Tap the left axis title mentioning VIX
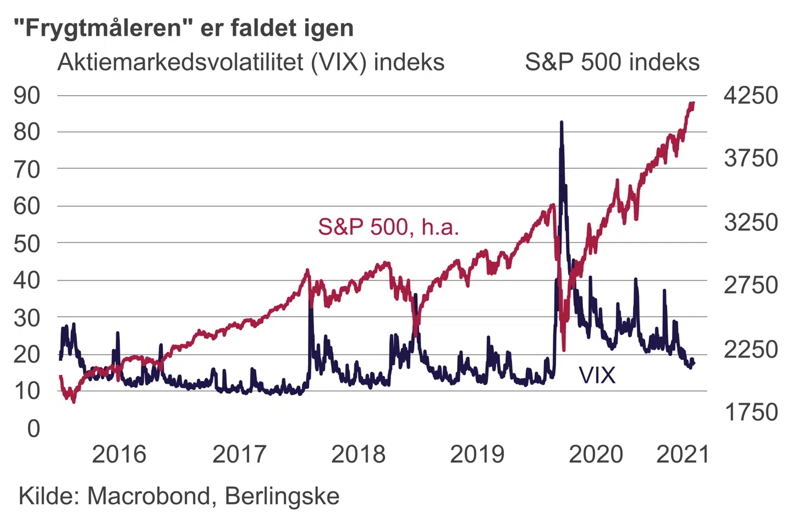point(251,62)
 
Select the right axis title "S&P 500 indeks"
point(612,62)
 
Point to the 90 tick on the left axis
point(27,96)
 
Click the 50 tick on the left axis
point(27,244)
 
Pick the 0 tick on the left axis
point(34,428)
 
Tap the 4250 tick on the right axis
point(751,96)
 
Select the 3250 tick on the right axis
point(751,223)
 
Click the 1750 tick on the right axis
point(751,412)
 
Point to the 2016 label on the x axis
point(119,454)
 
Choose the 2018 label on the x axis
point(358,454)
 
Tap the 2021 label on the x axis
point(683,454)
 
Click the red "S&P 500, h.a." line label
point(388,227)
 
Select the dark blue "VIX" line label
point(597,376)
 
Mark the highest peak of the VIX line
point(562,122)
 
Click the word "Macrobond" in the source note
point(148,496)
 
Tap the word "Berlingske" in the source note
point(282,496)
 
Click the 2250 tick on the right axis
point(751,349)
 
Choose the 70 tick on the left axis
point(27,170)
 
